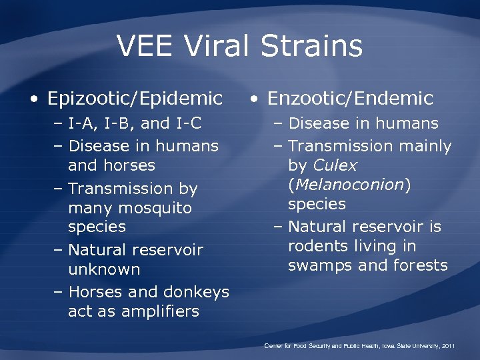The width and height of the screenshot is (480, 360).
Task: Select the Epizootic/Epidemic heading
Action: (x=135, y=99)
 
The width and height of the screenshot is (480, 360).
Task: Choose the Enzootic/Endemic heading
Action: (x=350, y=99)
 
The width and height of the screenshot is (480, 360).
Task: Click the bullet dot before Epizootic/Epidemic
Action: (x=33, y=100)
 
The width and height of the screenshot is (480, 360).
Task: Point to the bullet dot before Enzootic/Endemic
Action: (x=253, y=100)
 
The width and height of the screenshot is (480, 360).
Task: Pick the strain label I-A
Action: (x=81, y=123)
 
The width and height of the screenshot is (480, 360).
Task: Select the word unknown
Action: (x=104, y=269)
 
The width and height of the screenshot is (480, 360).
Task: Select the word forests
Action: (x=421, y=265)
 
